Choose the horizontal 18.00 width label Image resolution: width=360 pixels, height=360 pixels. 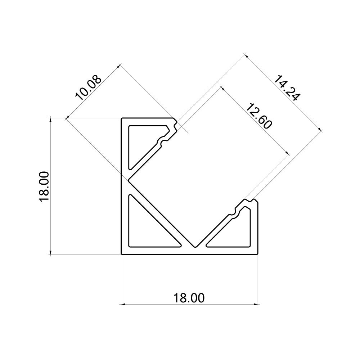(x=189, y=298)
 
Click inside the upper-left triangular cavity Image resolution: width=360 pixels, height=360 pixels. (x=144, y=142)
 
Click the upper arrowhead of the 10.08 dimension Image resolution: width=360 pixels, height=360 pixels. (x=118, y=66)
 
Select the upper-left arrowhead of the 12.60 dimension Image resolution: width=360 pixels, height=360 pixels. (x=222, y=88)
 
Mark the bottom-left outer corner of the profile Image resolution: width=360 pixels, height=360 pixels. (x=121, y=255)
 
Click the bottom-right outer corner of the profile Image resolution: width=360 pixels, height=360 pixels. (x=258, y=255)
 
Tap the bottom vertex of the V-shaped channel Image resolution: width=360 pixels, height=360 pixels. (x=195, y=247)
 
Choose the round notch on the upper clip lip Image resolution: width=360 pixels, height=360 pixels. (x=164, y=143)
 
